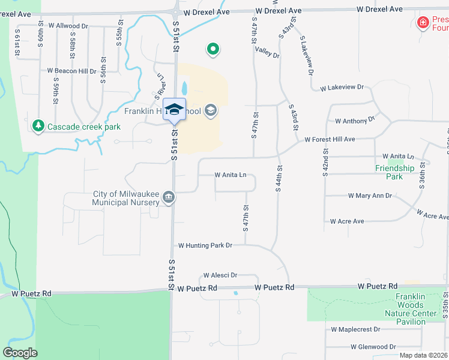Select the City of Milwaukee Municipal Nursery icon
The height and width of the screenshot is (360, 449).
[x=169, y=197]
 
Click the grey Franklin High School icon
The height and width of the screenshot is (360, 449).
[x=210, y=110]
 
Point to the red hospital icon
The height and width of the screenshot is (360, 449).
[x=423, y=23]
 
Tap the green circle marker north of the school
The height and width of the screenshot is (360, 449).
[x=212, y=50]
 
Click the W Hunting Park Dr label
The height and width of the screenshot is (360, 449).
[x=205, y=245]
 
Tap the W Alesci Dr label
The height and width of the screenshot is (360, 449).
[x=220, y=275]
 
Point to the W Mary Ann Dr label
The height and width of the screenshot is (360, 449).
[x=370, y=196]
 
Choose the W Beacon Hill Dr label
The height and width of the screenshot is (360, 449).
[x=71, y=71]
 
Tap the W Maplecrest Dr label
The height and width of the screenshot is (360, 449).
[x=355, y=329]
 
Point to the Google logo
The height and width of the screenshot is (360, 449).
[x=20, y=353]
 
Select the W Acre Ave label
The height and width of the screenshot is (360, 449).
[x=347, y=221]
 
